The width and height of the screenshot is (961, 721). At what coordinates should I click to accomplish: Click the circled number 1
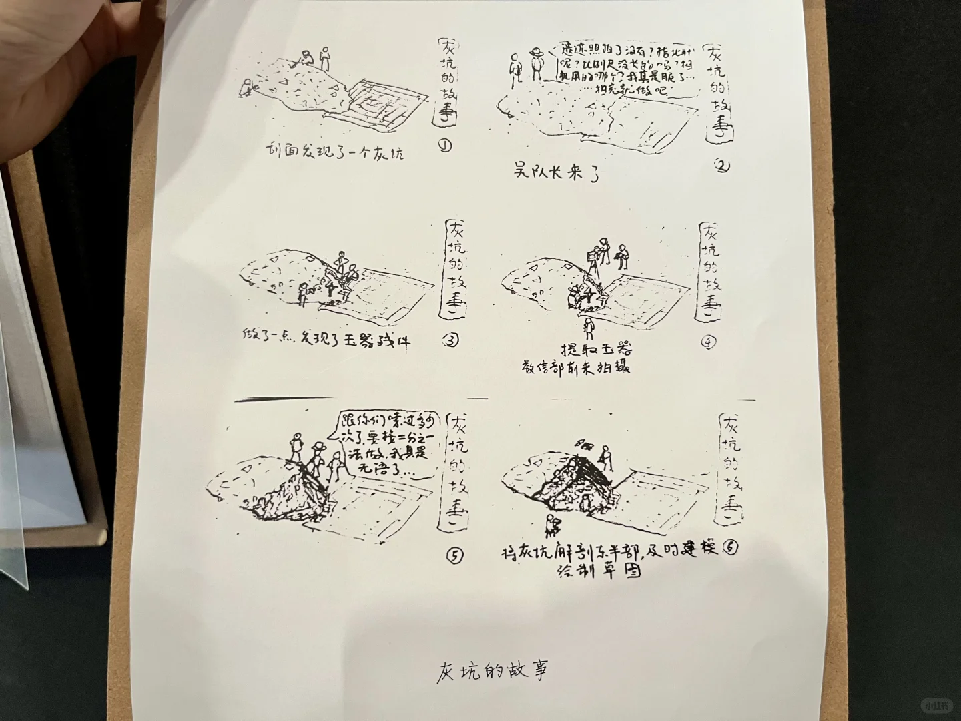tap(446, 144)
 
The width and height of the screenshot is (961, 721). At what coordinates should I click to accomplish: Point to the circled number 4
tap(709, 342)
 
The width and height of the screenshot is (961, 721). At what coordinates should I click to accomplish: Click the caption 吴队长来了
tap(557, 172)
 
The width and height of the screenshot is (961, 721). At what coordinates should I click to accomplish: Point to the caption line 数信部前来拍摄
tap(576, 367)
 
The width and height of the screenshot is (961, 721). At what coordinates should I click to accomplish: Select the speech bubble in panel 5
tap(386, 445)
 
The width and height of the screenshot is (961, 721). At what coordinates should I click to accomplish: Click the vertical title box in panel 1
tap(448, 81)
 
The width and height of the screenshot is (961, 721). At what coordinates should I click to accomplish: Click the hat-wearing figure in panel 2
tap(535, 64)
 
